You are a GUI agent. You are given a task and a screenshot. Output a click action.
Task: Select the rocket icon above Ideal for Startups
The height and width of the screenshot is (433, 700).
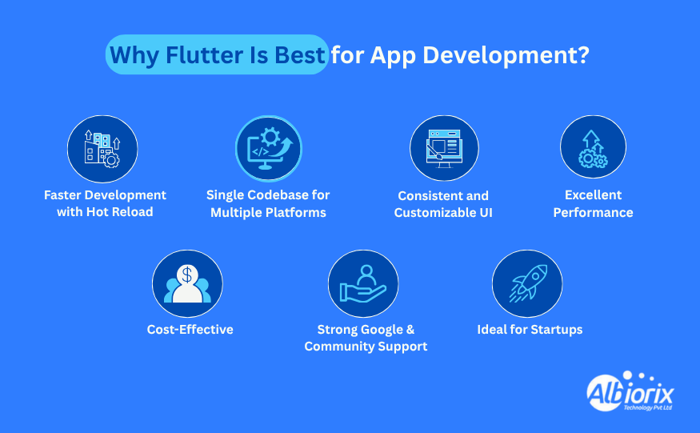click(528, 283)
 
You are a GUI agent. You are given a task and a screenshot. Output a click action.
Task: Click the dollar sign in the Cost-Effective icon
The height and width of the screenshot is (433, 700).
click(187, 275)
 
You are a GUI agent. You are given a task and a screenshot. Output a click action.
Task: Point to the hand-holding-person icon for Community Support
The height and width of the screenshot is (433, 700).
click(363, 283)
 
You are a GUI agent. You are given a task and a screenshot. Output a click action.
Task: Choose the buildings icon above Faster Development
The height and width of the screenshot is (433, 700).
click(102, 149)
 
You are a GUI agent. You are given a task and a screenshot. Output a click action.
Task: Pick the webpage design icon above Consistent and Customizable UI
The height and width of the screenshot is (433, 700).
click(444, 149)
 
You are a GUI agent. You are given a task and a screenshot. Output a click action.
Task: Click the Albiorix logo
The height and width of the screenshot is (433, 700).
click(630, 391)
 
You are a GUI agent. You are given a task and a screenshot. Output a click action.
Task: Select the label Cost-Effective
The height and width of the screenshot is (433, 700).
click(190, 329)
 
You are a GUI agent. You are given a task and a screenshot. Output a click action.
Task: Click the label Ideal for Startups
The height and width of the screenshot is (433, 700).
click(530, 329)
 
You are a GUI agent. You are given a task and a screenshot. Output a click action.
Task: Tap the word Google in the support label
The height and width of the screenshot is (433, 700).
click(382, 330)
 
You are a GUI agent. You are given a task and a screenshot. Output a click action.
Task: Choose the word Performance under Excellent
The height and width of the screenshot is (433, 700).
click(594, 212)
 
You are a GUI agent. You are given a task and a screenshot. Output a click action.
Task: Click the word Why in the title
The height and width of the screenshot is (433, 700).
click(134, 56)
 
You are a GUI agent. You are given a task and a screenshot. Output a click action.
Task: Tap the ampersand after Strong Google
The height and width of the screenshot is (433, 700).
click(410, 329)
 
